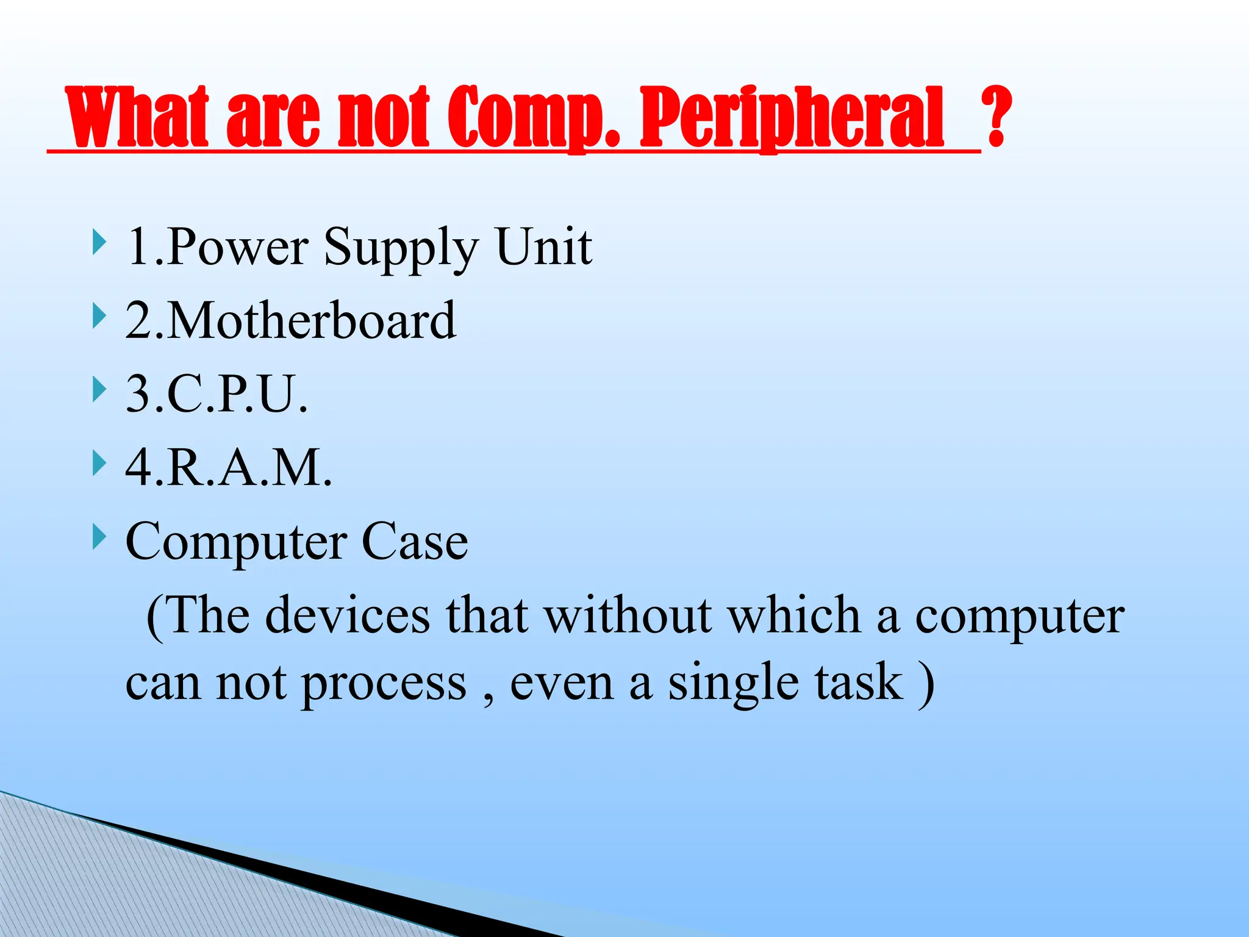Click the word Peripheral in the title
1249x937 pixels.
(792, 117)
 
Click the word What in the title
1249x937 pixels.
(138, 117)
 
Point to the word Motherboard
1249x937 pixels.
(311, 321)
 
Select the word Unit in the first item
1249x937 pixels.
(543, 246)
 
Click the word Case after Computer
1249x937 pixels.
(415, 542)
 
